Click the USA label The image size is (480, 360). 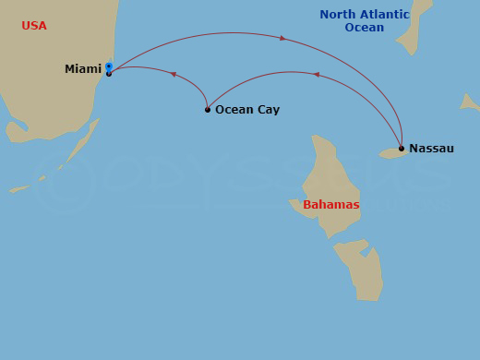34,26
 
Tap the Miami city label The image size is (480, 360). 83,69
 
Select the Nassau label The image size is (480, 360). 431,148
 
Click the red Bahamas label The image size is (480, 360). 330,204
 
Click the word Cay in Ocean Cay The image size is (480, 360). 268,110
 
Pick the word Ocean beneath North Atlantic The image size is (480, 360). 364,28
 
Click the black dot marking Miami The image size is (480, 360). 109,74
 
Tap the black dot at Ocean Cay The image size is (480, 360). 208,110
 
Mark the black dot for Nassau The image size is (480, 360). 402,148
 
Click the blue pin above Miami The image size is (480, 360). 109,66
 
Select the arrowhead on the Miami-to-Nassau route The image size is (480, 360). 282,39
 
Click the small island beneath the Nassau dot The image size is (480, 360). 391,153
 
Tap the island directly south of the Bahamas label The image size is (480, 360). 360,268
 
